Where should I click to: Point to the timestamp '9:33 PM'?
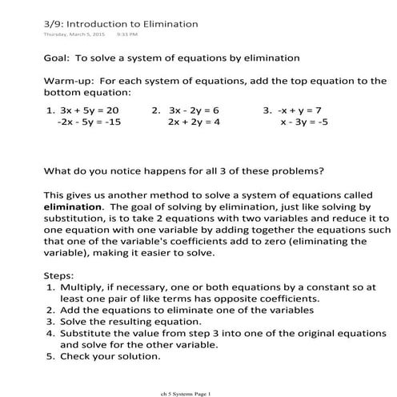[x=128, y=35]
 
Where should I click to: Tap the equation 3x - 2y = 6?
[x=194, y=110]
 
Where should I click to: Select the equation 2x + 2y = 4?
[x=194, y=122]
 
